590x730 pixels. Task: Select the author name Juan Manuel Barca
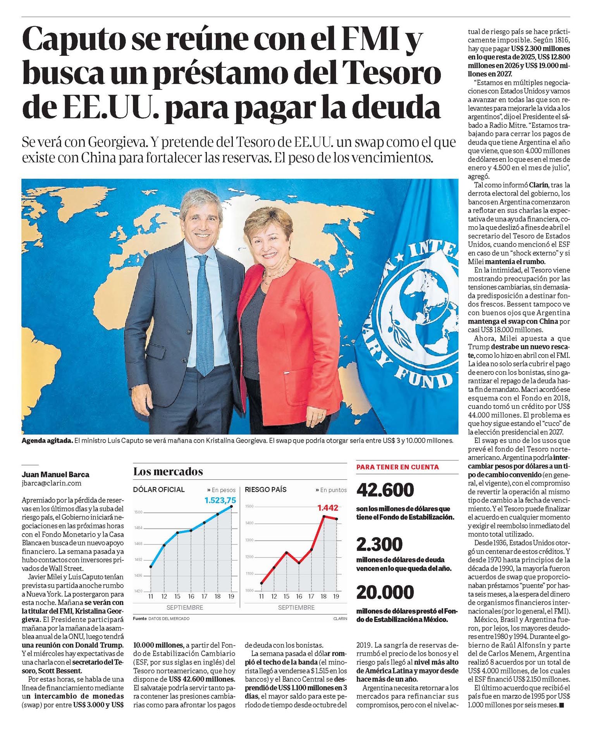click(55, 474)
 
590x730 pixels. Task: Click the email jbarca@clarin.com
click(52, 483)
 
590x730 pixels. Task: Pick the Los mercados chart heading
click(168, 472)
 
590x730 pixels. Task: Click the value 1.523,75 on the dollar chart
click(220, 500)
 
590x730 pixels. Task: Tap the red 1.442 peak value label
click(328, 508)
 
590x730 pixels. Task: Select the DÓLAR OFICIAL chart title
click(159, 490)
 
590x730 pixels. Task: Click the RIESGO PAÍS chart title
click(266, 490)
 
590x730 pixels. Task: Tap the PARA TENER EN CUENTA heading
click(397, 467)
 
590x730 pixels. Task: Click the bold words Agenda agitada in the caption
click(47, 441)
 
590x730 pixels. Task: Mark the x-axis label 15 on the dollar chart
click(177, 596)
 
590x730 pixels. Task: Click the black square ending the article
click(562, 705)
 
